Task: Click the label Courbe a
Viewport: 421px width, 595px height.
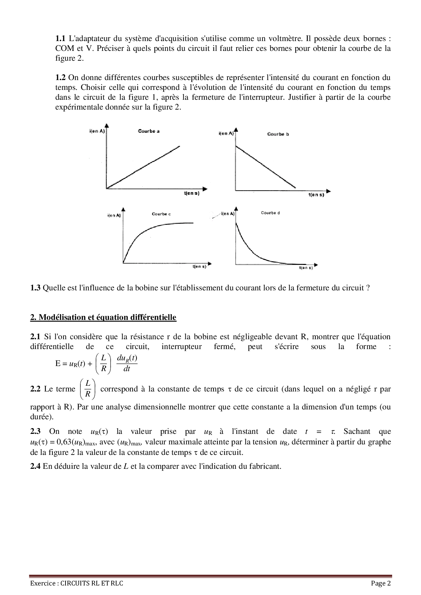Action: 149,131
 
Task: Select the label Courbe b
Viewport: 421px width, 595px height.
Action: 278,134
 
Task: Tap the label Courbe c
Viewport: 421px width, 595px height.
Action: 161,214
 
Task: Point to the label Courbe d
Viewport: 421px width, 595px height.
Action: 270,213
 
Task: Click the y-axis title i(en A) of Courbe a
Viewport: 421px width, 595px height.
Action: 97,131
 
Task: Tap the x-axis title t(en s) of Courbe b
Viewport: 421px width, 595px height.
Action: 316,195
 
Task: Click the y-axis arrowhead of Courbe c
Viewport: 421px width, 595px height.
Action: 123,209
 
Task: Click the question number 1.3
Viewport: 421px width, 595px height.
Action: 35,288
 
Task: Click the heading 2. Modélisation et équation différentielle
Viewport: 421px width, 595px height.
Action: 103,318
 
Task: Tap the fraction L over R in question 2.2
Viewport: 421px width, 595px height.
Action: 88,389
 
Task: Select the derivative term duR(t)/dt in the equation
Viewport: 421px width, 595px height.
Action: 127,363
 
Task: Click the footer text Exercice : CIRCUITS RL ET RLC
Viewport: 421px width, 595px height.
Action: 77,583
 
